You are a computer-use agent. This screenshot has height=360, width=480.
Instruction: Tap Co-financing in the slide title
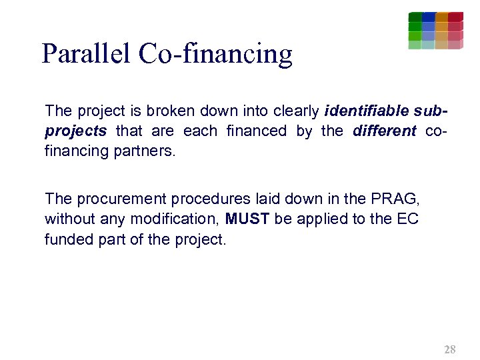[x=215, y=53]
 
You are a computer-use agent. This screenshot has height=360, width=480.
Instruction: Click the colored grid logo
[x=435, y=31]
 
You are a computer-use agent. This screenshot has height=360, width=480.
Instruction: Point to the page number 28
[x=450, y=349]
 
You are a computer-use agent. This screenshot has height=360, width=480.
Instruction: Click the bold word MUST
[x=247, y=219]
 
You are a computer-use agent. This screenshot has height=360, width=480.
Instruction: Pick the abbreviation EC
[x=407, y=219]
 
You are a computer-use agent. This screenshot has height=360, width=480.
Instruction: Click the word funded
[x=67, y=239]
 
